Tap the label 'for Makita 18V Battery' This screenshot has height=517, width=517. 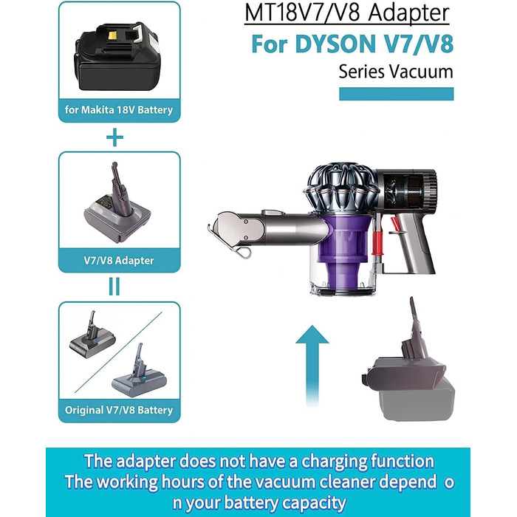[119, 110]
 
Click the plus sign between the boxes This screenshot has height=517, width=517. [114, 137]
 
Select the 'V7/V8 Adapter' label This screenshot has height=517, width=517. [119, 259]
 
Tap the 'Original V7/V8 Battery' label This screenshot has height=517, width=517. [119, 410]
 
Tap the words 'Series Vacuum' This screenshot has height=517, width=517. [395, 72]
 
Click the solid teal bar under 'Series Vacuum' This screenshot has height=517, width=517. [395, 94]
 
